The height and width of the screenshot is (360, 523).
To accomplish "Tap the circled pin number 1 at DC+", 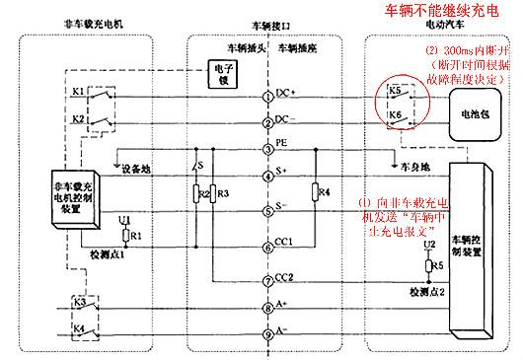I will pos(268,98).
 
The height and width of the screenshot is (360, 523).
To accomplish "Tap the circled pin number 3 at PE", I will pos(268,150).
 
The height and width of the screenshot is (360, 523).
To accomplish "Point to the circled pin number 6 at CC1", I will pos(268,247).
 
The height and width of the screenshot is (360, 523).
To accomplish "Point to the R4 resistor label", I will pos(325,191).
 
